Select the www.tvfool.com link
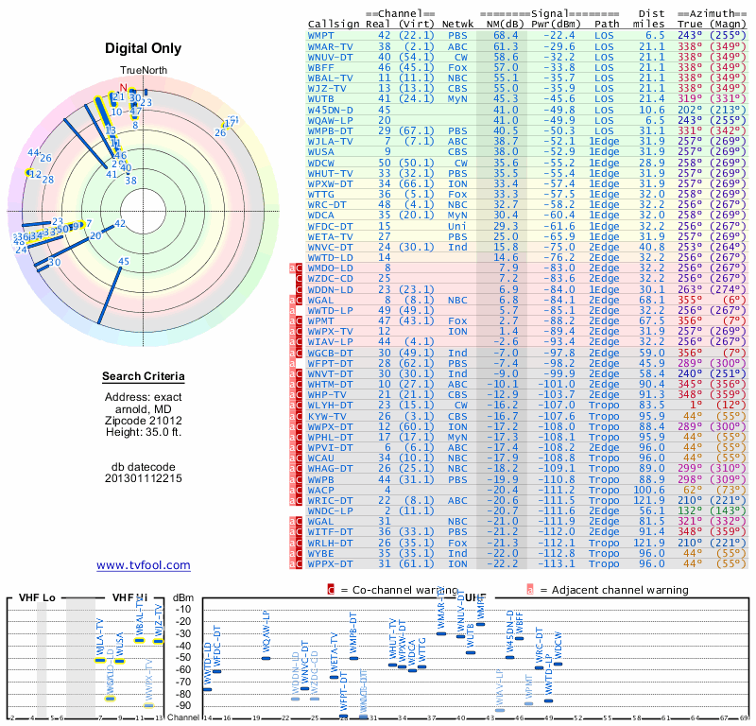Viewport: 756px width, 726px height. tap(144, 565)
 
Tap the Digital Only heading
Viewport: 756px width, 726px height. tap(144, 48)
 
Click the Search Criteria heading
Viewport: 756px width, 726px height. tap(144, 377)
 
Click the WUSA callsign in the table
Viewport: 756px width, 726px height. tap(322, 150)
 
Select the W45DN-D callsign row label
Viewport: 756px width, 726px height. tap(330, 110)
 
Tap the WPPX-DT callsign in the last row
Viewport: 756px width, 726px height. tap(330, 563)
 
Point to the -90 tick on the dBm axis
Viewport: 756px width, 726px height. tap(182, 705)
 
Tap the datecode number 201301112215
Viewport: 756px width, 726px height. tap(144, 477)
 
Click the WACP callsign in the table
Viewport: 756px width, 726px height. tap(322, 490)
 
